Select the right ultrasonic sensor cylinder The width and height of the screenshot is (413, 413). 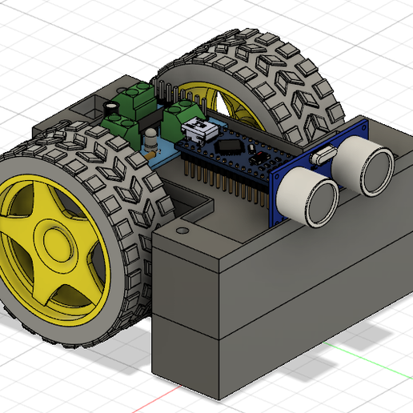click(362, 169)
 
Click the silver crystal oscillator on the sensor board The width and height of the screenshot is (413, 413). click(324, 155)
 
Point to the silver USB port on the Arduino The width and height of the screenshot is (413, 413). click(196, 129)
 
